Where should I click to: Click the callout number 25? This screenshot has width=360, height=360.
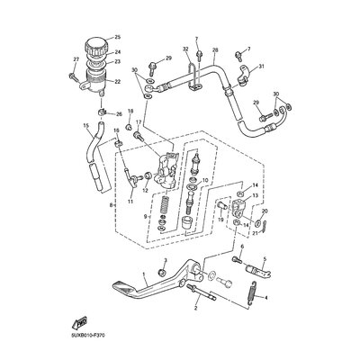(116, 37)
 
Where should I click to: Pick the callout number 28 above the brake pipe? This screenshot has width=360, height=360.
(215, 50)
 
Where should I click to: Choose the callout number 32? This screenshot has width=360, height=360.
(185, 49)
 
